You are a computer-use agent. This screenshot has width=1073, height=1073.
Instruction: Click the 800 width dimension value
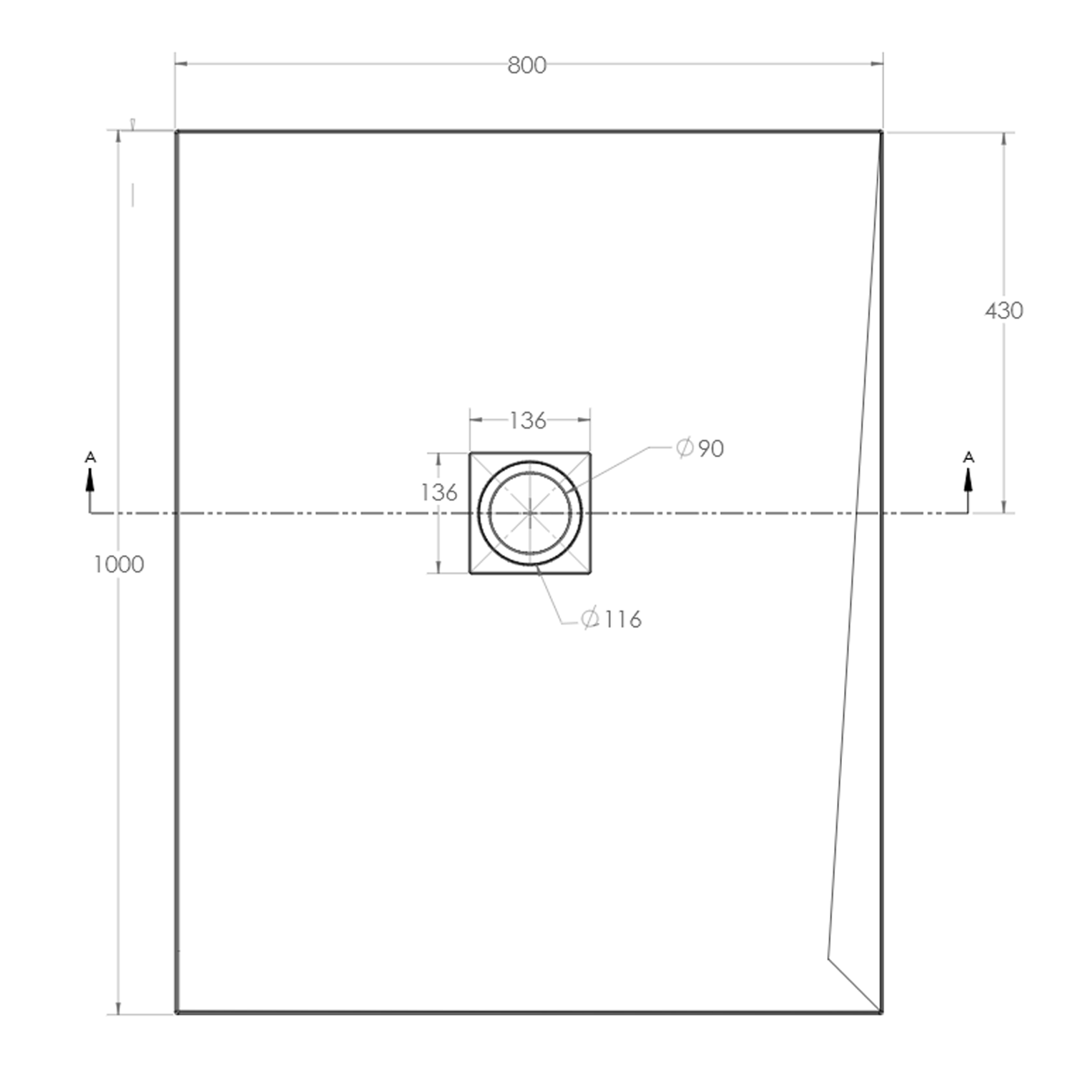(x=527, y=65)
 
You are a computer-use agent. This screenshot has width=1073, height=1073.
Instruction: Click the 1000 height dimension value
(x=119, y=564)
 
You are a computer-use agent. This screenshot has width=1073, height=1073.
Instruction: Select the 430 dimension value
(x=1004, y=310)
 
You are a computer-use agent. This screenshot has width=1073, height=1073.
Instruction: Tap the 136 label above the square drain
(x=528, y=421)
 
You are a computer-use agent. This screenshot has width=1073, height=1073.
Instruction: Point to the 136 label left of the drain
(x=438, y=492)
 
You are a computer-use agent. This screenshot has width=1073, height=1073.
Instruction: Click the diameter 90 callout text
(x=700, y=449)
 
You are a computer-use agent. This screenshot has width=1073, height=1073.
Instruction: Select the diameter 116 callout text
(x=612, y=619)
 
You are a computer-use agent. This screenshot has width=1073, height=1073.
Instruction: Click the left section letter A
(x=90, y=457)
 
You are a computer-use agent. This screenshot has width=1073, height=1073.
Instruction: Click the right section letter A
(x=969, y=457)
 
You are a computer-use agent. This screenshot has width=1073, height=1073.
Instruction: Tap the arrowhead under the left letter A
(x=90, y=480)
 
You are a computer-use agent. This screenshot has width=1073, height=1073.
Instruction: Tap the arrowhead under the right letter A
(x=969, y=480)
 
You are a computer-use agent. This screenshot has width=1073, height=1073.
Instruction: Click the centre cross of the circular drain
(x=530, y=513)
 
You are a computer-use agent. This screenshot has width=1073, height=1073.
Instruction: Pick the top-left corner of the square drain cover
(x=470, y=453)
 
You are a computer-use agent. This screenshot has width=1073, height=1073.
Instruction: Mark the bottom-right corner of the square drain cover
(x=590, y=573)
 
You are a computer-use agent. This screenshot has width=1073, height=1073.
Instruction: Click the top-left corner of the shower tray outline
(x=177, y=132)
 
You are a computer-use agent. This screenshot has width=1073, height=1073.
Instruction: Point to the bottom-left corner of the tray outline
(x=177, y=1012)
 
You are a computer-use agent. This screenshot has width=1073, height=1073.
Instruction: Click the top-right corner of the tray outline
(x=881, y=132)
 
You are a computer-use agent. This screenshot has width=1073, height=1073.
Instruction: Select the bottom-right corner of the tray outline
(x=881, y=1012)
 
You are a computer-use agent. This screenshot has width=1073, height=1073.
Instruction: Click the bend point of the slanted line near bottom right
(x=828, y=957)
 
